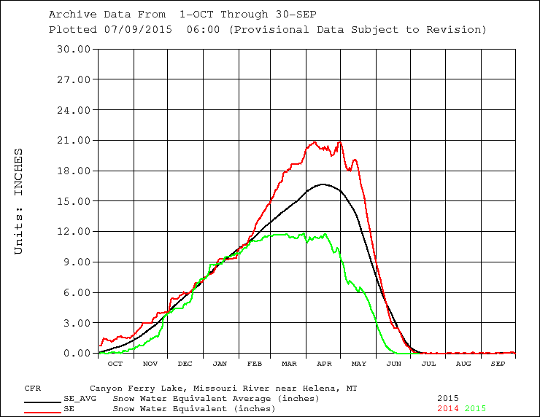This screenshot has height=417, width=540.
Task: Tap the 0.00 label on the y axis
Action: click(x=78, y=354)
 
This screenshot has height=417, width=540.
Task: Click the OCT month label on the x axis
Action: click(x=115, y=364)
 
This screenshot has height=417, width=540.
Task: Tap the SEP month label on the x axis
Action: click(x=498, y=364)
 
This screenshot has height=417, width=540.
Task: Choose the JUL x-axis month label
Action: click(x=428, y=364)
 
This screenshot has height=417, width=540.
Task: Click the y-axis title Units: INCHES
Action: click(x=19, y=201)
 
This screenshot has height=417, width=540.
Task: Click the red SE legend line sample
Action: click(x=42, y=413)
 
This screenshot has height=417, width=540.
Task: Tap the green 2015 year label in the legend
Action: click(x=475, y=409)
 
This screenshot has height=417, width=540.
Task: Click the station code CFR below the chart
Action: click(x=32, y=389)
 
